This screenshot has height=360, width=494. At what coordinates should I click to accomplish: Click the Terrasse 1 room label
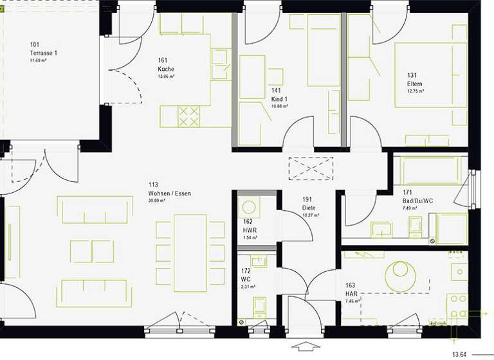click(43, 53)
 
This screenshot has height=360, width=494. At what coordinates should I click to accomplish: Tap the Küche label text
click(166, 69)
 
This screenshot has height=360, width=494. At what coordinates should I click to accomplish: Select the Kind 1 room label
click(279, 100)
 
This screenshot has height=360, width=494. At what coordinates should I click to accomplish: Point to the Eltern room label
click(414, 84)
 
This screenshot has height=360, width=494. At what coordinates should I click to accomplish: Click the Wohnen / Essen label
click(169, 193)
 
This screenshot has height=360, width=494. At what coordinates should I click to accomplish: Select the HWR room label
click(250, 230)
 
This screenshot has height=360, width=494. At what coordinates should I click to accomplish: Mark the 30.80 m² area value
click(158, 201)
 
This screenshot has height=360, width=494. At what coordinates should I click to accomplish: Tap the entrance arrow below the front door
click(305, 348)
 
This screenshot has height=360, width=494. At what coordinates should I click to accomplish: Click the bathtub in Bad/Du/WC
click(430, 171)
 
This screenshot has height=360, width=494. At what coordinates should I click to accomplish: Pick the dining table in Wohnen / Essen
click(190, 253)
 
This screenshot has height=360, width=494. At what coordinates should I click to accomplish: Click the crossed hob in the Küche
click(188, 116)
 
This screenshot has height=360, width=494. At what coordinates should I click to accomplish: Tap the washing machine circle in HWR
click(248, 208)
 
